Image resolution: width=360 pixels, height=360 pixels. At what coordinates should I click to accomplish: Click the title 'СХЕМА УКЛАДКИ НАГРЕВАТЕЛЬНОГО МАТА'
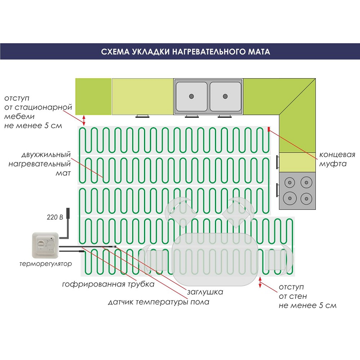(x=179, y=52)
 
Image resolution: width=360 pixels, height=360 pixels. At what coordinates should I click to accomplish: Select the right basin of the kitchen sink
(x=225, y=96)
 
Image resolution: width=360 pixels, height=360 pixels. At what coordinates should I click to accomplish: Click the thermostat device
(x=45, y=245)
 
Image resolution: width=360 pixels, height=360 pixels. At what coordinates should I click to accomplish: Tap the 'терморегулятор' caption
(x=45, y=264)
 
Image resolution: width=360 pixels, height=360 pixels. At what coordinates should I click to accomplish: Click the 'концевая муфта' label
(x=337, y=158)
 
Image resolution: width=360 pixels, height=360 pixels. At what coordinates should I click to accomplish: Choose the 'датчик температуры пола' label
(x=158, y=302)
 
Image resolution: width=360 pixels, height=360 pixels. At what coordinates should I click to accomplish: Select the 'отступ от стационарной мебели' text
(x=34, y=111)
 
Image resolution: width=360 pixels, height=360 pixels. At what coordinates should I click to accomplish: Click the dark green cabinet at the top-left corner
(x=94, y=96)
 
